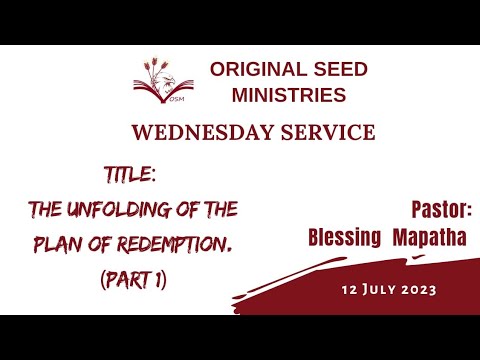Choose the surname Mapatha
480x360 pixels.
click(x=432, y=237)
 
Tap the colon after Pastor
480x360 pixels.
click(x=469, y=212)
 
